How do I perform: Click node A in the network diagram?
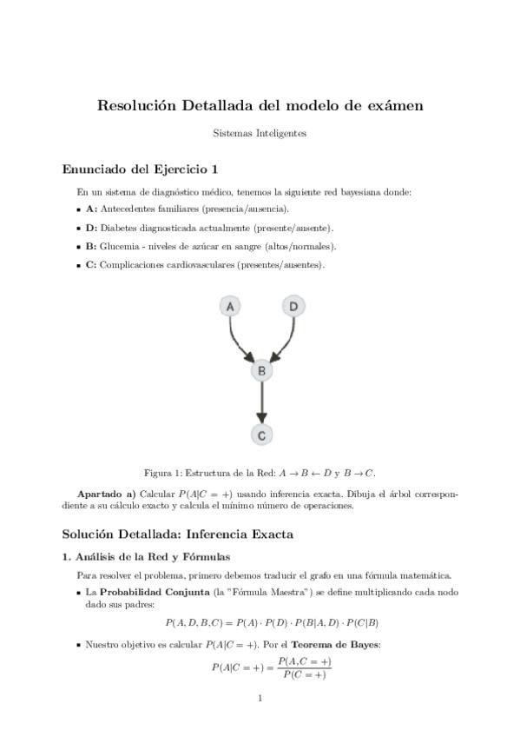pyautogui.click(x=230, y=307)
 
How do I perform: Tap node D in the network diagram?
pyautogui.click(x=293, y=307)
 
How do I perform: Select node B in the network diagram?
pyautogui.click(x=261, y=370)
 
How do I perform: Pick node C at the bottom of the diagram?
pyautogui.click(x=261, y=434)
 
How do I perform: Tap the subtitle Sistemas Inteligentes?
pyautogui.click(x=260, y=134)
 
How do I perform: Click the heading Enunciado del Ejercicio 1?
pyautogui.click(x=141, y=169)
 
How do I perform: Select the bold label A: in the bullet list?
pyautogui.click(x=91, y=209)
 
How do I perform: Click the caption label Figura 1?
pyautogui.click(x=161, y=473)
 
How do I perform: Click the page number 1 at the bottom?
pyautogui.click(x=260, y=698)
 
